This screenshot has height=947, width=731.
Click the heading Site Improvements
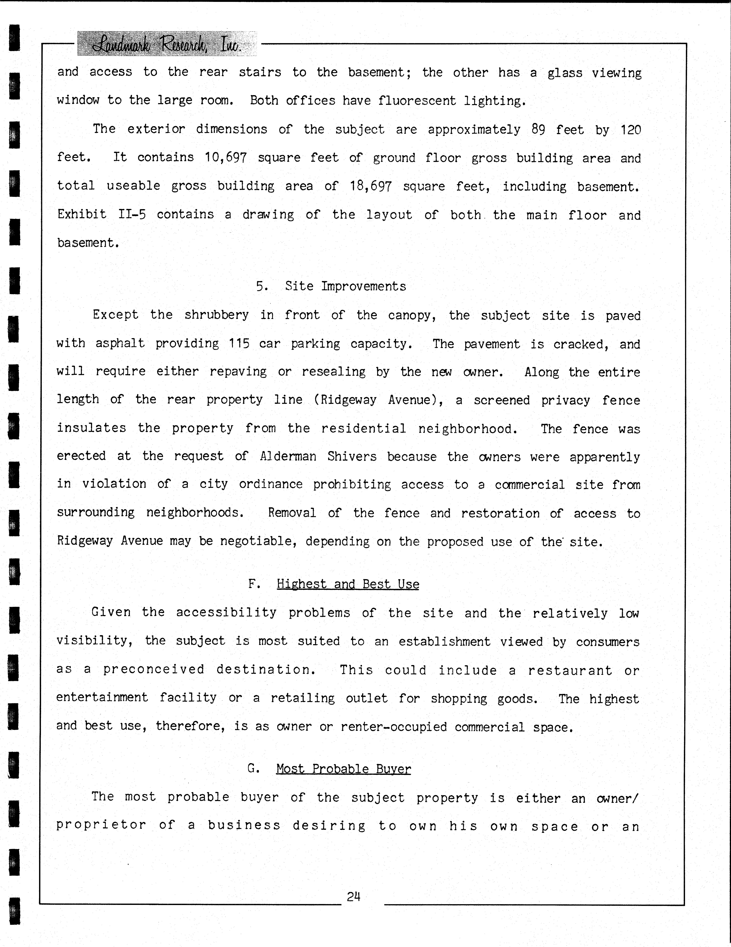[x=345, y=286]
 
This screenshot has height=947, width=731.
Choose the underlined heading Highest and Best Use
[x=347, y=584]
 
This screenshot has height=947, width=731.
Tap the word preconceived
[x=153, y=670]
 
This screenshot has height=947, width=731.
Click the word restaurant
[x=570, y=670]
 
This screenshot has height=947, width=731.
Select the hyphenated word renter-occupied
[x=393, y=727]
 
